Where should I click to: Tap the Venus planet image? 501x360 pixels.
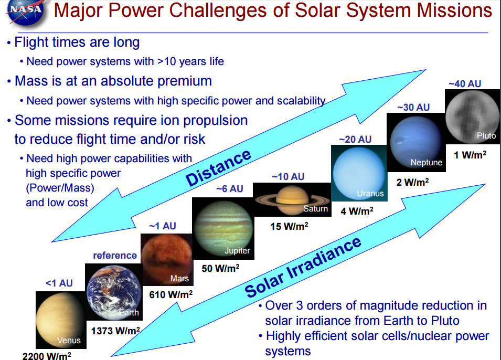[61, 320]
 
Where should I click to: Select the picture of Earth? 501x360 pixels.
[114, 292]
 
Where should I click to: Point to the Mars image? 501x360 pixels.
[167, 259]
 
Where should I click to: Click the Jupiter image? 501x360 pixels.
[223, 228]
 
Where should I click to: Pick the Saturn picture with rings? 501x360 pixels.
[292, 199]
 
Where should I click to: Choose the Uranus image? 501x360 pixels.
[359, 173]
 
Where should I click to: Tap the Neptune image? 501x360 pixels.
[416, 142]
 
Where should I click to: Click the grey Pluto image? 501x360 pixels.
[472, 117]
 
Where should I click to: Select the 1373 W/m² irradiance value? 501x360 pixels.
[115, 331]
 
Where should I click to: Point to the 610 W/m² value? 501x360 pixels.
[170, 294]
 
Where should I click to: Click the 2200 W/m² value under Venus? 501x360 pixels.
[47, 355]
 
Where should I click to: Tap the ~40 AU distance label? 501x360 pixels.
[465, 84]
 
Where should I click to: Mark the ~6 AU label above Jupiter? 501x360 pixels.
[230, 188]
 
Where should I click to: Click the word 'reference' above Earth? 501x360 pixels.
[115, 256]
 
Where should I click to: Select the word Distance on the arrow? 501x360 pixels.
[219, 167]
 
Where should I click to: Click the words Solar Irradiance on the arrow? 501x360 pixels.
[303, 267]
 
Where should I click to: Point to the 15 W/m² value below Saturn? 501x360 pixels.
[289, 226]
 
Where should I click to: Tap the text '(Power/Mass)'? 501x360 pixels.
[60, 188]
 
